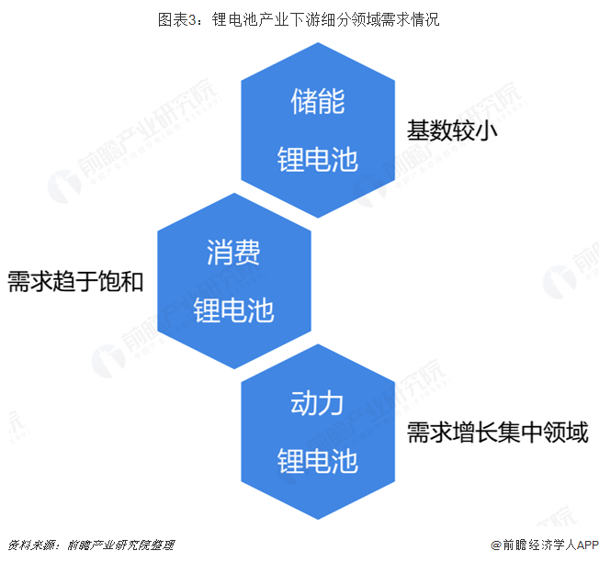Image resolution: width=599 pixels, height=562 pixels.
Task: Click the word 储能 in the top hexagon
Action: [x=317, y=101]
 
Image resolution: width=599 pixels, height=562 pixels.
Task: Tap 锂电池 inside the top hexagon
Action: [x=317, y=160]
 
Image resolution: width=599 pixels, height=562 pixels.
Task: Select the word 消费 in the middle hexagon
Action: [x=233, y=252]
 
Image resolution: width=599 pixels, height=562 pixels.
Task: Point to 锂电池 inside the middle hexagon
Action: [x=233, y=310]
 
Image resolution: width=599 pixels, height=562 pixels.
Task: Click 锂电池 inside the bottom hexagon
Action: [x=317, y=461]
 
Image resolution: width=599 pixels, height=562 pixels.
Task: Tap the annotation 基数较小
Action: [x=452, y=131]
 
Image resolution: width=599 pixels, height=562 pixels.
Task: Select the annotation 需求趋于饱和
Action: [x=75, y=281]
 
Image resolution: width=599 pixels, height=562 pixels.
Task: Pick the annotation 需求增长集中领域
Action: [x=497, y=433]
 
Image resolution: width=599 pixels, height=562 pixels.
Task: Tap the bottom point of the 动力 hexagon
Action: [x=318, y=521]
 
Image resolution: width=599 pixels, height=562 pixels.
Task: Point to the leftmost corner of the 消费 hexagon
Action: [x=158, y=281]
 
